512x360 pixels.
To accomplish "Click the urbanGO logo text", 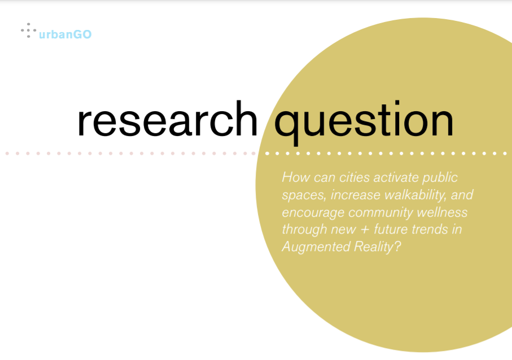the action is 65,34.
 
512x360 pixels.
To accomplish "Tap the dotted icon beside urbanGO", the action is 28,30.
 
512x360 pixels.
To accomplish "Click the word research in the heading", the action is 168,119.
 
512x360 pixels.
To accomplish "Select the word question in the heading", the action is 364,123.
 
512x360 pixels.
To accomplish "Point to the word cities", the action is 355,177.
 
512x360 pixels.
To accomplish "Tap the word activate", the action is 396,177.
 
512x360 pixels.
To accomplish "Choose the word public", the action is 440,178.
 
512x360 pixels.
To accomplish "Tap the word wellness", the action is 442,213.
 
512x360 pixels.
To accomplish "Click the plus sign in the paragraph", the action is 365,230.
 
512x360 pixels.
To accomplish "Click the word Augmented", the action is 316,247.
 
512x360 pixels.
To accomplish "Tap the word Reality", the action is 374,247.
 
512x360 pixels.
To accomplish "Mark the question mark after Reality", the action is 397,247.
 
